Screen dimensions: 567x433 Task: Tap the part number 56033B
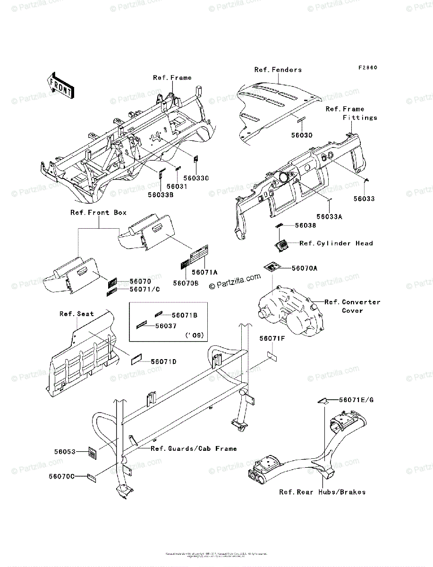pyautogui.click(x=161, y=194)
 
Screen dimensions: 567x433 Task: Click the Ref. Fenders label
pyautogui.click(x=278, y=69)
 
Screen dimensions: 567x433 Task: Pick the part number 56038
pyautogui.click(x=306, y=226)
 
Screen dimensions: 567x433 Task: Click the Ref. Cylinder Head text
pyautogui.click(x=336, y=243)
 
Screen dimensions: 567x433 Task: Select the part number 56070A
pyautogui.click(x=305, y=268)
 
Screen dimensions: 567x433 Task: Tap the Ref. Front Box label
pyautogui.click(x=99, y=213)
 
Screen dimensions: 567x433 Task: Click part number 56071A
pyautogui.click(x=204, y=272)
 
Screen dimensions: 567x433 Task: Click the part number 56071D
pyautogui.click(x=163, y=361)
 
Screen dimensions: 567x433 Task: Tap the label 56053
pyautogui.click(x=65, y=452)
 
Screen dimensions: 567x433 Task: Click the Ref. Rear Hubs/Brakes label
pyautogui.click(x=322, y=492)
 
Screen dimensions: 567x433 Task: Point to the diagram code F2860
pyautogui.click(x=367, y=68)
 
